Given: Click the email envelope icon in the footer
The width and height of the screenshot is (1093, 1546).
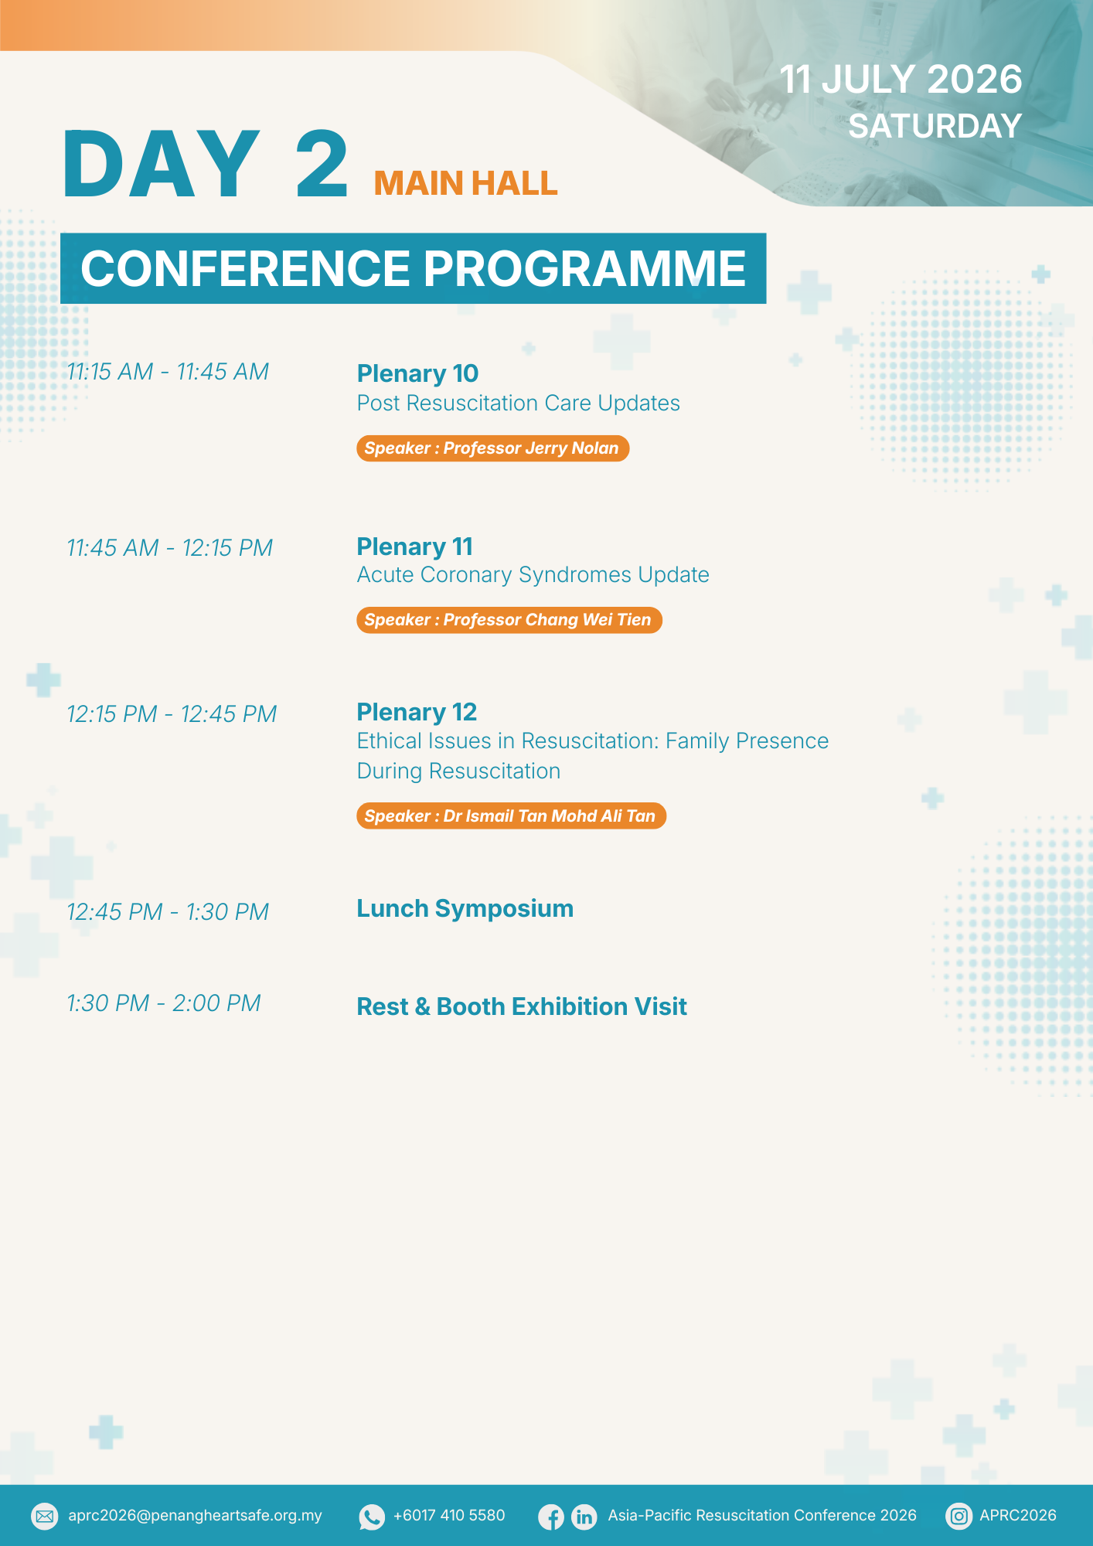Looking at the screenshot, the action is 45,1516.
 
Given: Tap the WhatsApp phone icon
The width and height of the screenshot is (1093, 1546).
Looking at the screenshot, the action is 372,1517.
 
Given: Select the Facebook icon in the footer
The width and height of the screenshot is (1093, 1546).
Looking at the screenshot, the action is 551,1517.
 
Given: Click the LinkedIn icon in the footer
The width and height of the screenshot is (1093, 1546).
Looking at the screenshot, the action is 584,1517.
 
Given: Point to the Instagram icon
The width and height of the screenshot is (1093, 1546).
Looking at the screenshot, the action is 959,1516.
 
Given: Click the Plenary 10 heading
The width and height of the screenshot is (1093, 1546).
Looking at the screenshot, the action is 417,373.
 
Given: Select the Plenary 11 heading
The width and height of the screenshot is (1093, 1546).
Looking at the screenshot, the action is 414,547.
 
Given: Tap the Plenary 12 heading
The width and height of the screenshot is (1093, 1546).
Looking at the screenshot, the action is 417,712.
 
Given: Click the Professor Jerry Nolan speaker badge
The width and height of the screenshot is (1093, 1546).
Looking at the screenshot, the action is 492,448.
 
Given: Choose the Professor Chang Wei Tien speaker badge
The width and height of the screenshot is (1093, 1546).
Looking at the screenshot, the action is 509,620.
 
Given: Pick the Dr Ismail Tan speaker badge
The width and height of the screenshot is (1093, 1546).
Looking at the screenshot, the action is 511,816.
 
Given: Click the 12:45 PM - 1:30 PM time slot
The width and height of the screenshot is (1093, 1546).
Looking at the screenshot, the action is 168,912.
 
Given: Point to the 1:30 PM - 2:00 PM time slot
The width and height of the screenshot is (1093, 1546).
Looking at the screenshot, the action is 164,1003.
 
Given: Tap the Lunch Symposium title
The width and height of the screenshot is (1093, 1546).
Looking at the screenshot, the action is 465,909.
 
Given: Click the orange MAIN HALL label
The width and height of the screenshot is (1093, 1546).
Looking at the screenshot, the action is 465,183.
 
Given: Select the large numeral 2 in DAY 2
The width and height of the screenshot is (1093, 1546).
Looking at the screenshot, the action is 322,163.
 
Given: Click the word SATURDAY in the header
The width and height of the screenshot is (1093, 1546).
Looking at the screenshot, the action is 935,126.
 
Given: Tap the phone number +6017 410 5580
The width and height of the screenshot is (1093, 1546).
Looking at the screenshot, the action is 449,1515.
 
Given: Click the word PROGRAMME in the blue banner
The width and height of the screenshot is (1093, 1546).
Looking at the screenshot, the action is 584,268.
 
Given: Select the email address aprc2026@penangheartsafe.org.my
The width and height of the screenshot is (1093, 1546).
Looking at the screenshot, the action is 195,1516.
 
